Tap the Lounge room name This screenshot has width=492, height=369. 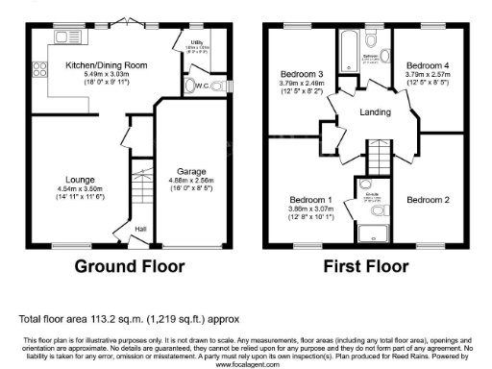pos(80,179)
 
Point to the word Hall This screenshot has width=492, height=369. pos(140,228)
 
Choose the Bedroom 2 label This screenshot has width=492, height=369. pos(425,200)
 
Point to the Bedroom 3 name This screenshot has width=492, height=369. pos(301,73)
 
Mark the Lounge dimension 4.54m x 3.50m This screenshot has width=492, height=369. pos(80,188)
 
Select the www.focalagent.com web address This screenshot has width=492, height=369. pos(245,364)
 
